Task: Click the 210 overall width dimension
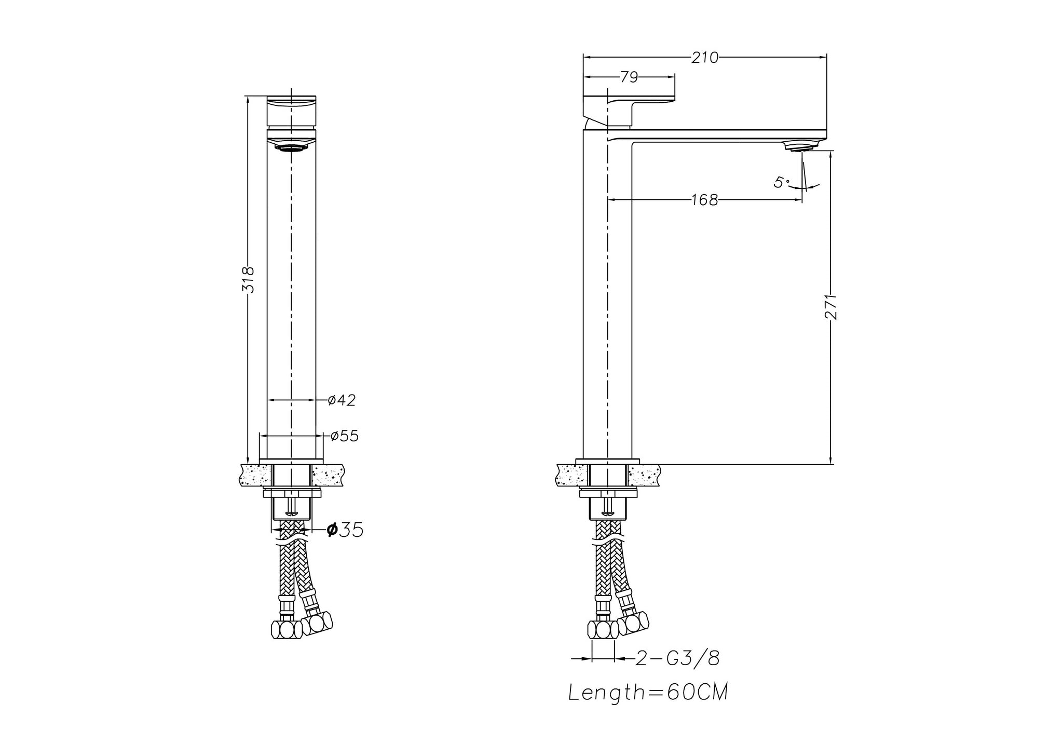coord(705,58)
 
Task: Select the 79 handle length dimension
coord(629,77)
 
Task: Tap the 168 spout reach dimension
coord(704,200)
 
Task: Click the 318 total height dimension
coord(249,279)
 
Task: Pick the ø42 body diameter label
coord(342,400)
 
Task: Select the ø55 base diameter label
coord(344,436)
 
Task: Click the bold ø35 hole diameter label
coord(345,530)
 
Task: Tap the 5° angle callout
coord(781,182)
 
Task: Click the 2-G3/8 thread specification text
coord(678,659)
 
